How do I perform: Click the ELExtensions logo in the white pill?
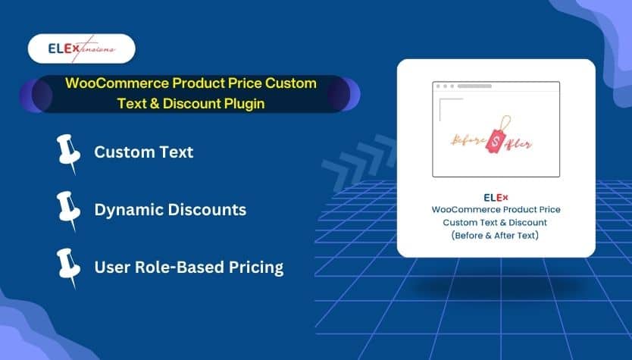click(82, 49)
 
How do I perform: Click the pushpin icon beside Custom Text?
click(68, 154)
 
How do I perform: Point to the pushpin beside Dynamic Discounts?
click(68, 211)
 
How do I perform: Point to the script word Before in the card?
click(468, 141)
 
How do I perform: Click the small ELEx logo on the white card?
click(496, 198)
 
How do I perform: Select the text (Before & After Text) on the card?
click(495, 236)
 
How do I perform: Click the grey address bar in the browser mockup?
click(474, 86)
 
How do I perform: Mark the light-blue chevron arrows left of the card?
click(358, 162)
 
